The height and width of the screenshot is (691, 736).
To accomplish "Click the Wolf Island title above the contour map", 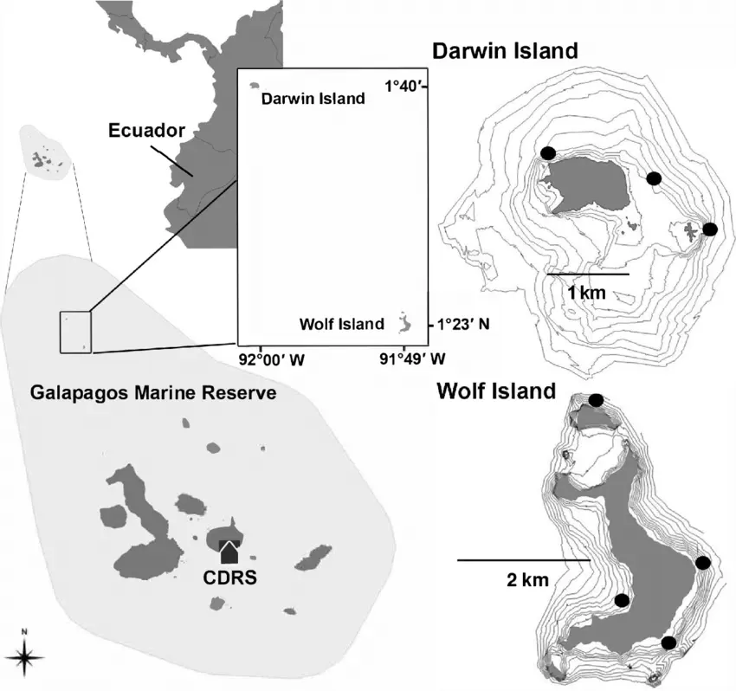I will [496, 391].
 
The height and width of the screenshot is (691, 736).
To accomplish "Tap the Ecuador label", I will [147, 132].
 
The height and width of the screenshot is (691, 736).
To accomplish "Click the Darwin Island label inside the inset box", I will [313, 99].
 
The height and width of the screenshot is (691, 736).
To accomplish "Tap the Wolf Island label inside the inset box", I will [341, 325].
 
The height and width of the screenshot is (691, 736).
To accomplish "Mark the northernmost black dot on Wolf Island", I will [596, 400].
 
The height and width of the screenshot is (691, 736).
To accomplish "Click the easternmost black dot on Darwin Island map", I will [710, 229].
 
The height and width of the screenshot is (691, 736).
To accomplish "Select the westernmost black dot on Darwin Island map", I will [547, 152].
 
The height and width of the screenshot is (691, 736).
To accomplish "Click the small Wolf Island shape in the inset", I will [404, 324].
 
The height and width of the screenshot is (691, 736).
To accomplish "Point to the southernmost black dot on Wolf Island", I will [668, 643].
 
